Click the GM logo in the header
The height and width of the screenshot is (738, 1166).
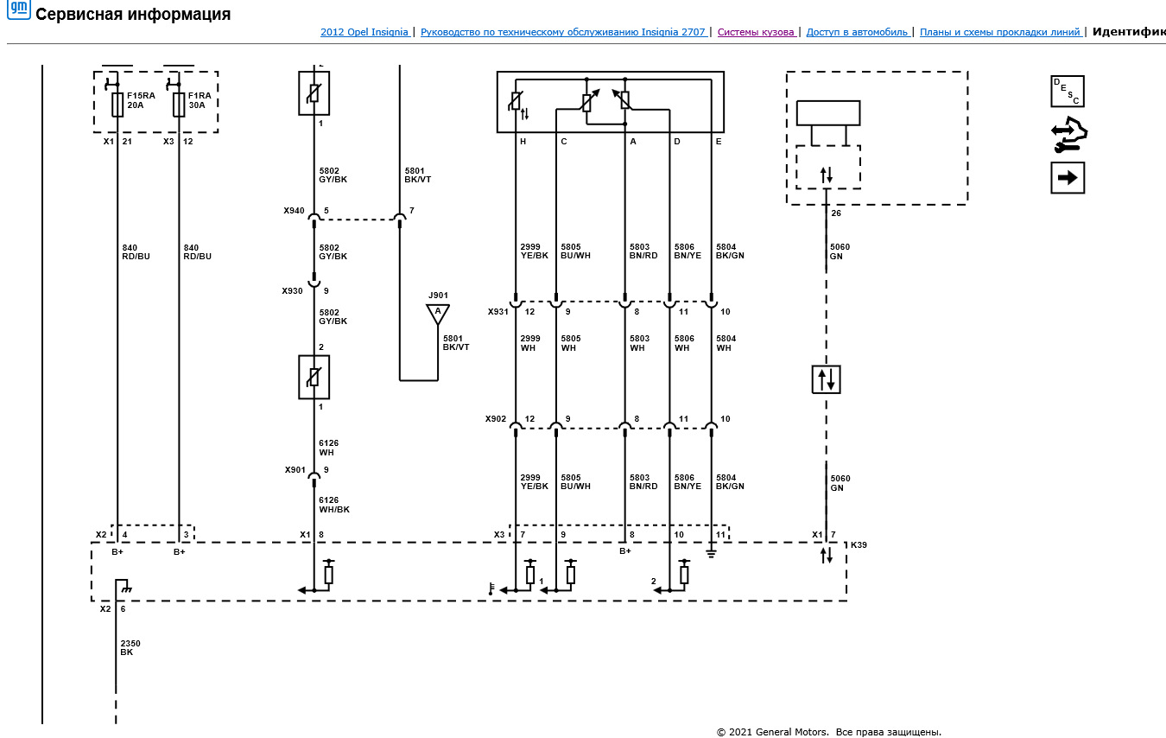(19, 10)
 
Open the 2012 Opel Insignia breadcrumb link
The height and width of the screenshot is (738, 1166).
(364, 32)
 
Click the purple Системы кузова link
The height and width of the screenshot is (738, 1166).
(756, 32)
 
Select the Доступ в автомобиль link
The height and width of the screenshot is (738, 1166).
(857, 32)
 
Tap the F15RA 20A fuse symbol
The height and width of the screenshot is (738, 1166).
(117, 105)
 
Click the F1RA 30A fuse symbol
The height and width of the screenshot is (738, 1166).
(179, 105)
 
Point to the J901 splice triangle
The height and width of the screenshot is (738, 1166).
(438, 315)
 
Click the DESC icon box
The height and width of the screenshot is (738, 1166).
(1067, 91)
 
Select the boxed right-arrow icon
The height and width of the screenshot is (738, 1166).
(1067, 178)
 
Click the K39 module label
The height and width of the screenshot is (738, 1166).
(859, 544)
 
